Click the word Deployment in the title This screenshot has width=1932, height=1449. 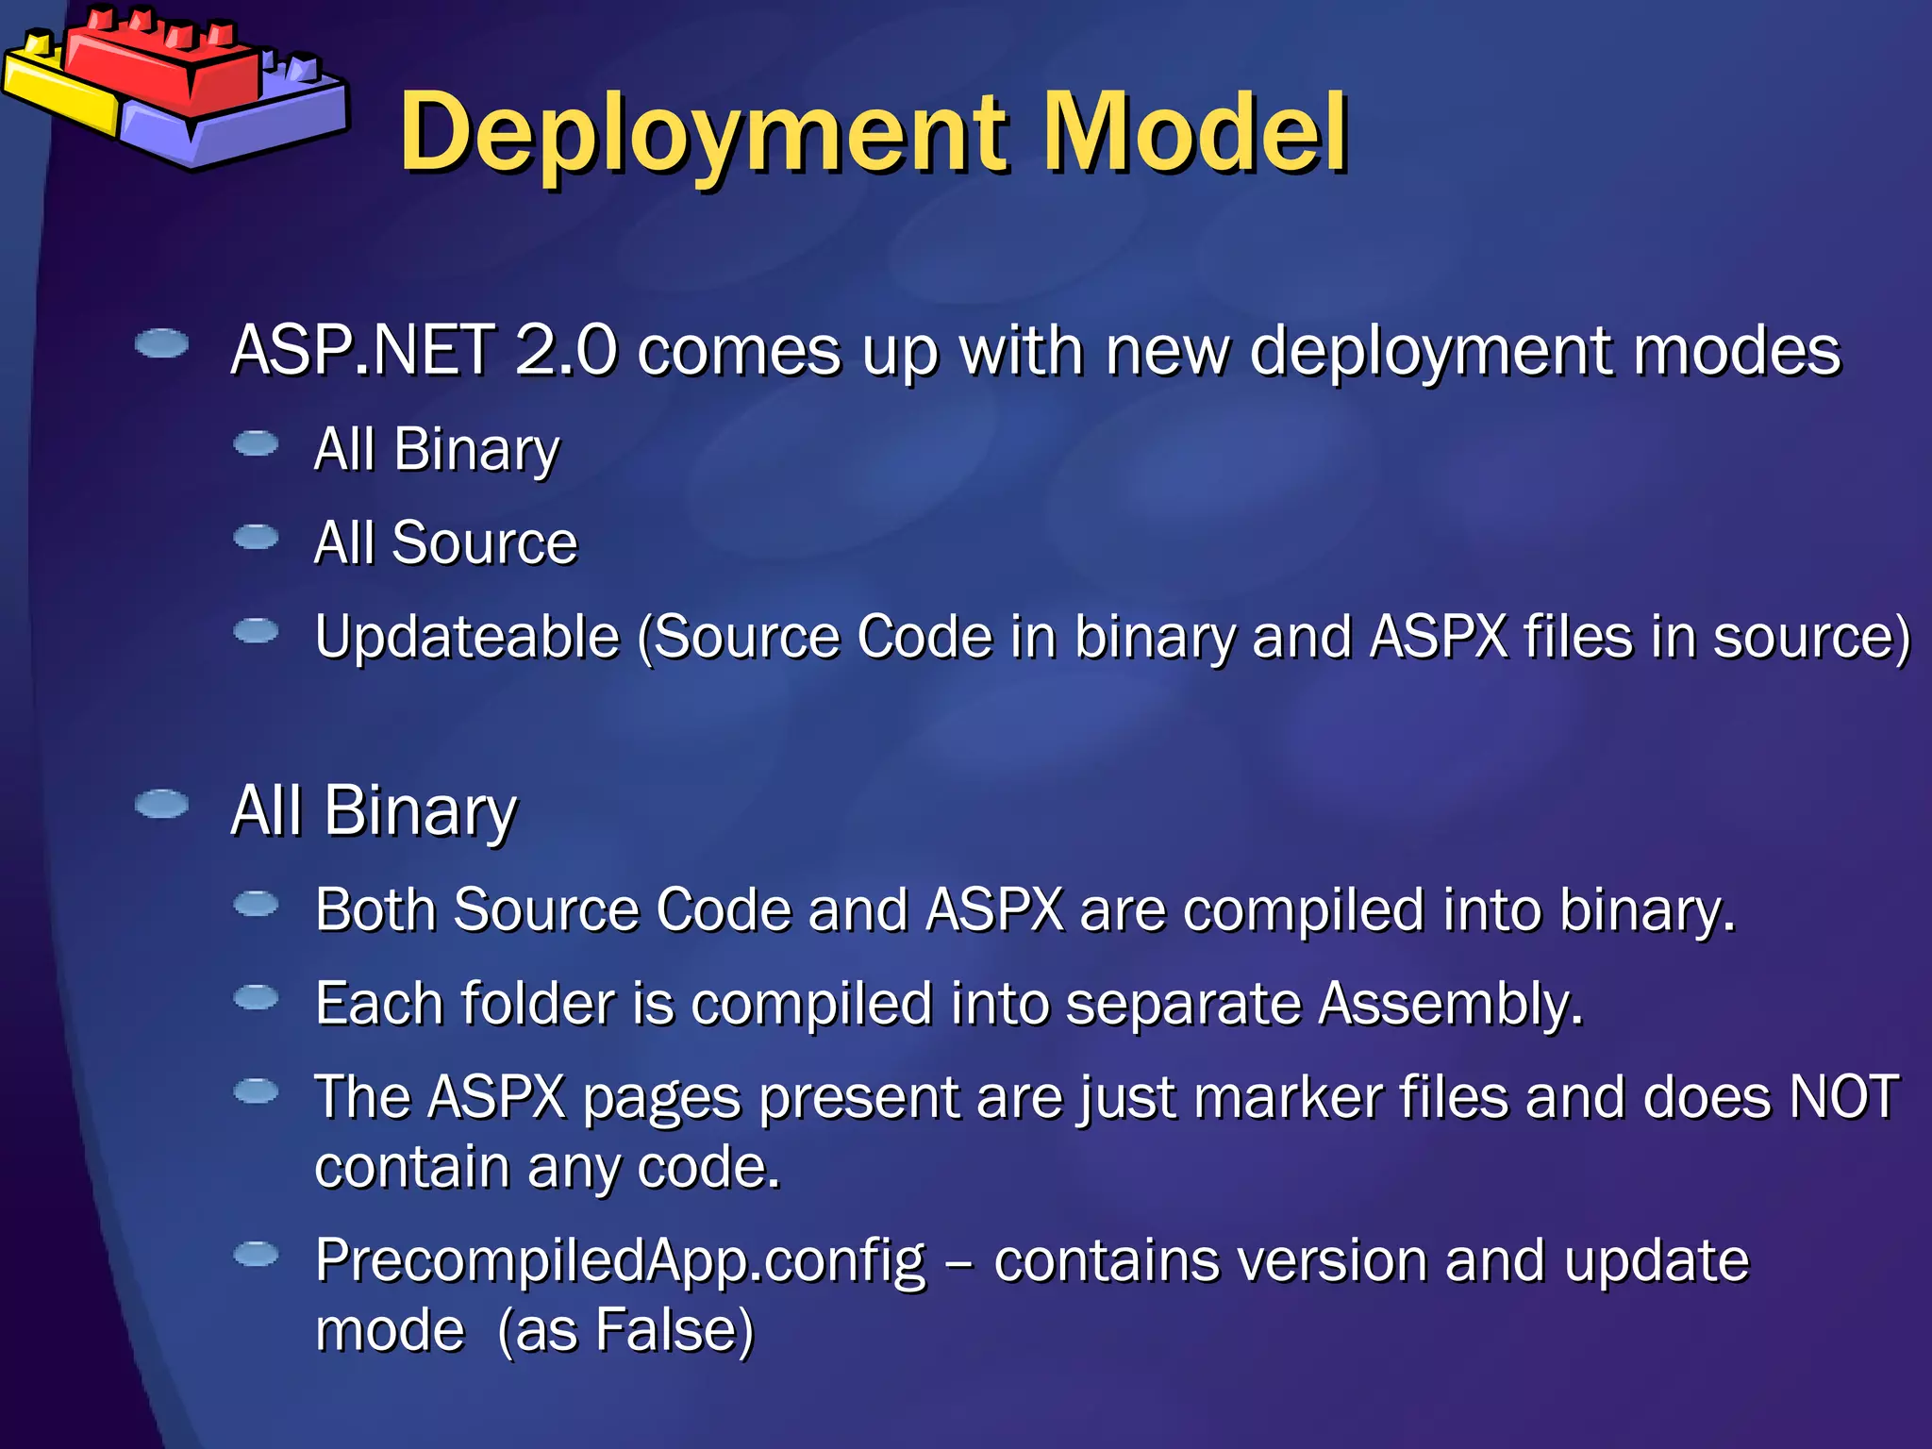click(703, 134)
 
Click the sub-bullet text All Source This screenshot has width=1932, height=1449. click(445, 543)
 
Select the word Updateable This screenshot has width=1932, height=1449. click(467, 637)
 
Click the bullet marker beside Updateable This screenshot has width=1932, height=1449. click(256, 630)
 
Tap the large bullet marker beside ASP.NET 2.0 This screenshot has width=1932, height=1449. click(161, 343)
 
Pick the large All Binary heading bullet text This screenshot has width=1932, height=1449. click(375, 811)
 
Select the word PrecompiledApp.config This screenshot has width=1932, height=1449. click(620, 1261)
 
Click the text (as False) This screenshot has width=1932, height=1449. click(625, 1331)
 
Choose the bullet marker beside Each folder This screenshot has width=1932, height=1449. click(256, 997)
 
